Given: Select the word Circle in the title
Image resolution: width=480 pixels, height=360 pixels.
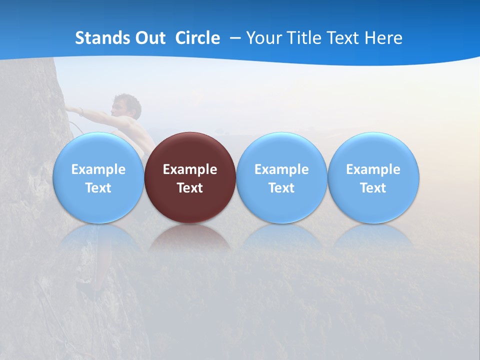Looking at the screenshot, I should [x=197, y=38].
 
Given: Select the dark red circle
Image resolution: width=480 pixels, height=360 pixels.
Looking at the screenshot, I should [x=190, y=150].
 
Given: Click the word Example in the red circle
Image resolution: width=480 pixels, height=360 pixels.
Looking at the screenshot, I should [x=190, y=169].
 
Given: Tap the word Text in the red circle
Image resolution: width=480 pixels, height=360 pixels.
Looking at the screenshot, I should [x=190, y=188].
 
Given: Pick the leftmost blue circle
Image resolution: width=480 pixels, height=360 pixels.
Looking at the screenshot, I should [x=98, y=150].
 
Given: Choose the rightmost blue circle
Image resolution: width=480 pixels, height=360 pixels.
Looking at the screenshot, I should [x=373, y=150].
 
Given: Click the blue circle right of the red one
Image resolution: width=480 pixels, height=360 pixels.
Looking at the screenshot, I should [x=281, y=150].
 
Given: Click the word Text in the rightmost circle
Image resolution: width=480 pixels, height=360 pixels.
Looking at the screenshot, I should [x=373, y=188].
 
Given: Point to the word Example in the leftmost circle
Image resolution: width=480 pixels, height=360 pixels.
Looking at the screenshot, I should [x=98, y=169].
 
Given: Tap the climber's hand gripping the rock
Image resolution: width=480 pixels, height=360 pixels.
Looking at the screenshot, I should [x=70, y=109].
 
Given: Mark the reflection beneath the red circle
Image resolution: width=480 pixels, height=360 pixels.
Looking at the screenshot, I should [x=190, y=238].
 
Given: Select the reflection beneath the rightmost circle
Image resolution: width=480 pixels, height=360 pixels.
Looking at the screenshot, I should [x=373, y=238].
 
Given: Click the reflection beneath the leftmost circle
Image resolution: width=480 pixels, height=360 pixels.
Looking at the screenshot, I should [x=98, y=238].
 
